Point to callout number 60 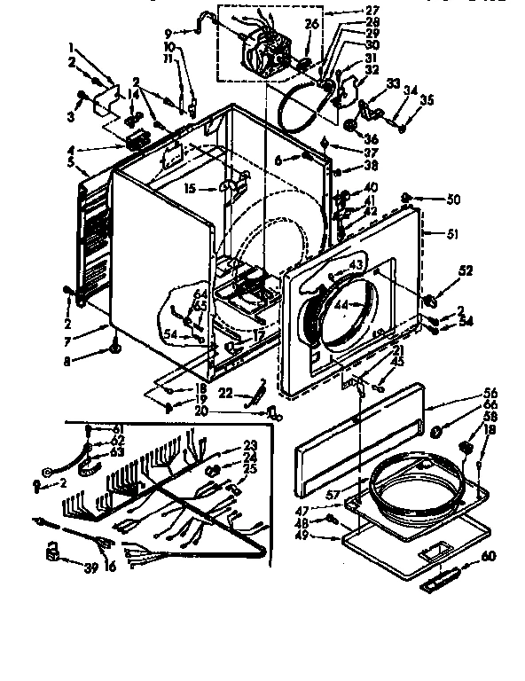pyautogui.click(x=488, y=558)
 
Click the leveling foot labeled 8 pyautogui.click(x=115, y=353)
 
